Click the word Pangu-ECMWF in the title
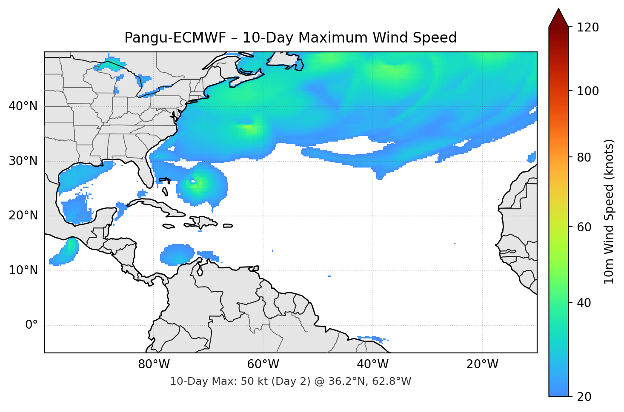175,38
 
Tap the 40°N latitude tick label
23,106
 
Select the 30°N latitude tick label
23,161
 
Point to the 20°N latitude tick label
23,216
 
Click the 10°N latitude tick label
23,270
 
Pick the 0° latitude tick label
31,325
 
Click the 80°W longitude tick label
154,364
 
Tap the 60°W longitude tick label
263,364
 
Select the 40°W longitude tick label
372,364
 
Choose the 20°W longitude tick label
482,364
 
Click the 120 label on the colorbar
588,28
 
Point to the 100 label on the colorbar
588,91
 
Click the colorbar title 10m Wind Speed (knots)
609,211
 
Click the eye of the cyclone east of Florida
194,182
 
